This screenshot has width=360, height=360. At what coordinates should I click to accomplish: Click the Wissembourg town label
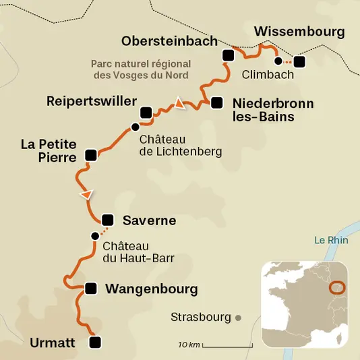299,32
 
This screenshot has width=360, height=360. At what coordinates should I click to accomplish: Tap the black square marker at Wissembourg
299,62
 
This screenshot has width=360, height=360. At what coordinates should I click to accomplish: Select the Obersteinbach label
169,41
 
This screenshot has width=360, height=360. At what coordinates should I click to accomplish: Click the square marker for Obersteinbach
228,55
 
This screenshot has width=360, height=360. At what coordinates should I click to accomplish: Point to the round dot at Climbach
278,61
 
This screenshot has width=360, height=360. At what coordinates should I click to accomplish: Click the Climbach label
269,75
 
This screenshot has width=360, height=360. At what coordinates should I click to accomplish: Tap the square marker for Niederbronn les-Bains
216,103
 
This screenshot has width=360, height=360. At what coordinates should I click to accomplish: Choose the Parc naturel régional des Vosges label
140,70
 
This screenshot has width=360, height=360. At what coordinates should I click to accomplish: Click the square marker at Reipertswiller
146,113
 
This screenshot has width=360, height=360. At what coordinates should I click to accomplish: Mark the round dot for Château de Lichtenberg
136,127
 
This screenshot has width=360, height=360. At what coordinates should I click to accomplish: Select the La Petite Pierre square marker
91,156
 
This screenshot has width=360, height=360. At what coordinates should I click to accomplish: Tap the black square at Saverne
107,220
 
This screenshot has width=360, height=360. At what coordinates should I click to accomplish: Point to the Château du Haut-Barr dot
94,236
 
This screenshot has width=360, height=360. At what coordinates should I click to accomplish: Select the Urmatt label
52,343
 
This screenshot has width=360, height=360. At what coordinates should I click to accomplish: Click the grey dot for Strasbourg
237,317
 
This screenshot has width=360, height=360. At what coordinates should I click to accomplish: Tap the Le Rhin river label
330,240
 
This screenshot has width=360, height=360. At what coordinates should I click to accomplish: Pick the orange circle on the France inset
337,287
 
